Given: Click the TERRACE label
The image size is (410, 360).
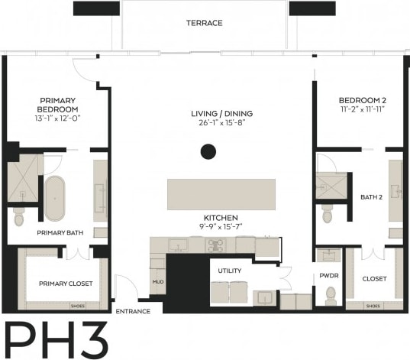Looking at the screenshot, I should [x=205, y=23].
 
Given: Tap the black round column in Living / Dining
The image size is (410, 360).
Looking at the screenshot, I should [x=208, y=151].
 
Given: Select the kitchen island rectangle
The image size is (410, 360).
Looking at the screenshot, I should [x=221, y=194].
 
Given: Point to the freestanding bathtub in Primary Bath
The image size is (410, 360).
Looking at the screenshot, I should [x=55, y=198].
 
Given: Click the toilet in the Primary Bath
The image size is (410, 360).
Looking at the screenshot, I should [x=19, y=215].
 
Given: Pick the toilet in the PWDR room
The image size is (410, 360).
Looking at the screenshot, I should [x=331, y=294].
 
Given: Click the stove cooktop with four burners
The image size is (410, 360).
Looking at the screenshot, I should [x=216, y=245].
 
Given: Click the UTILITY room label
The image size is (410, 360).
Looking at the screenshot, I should [x=229, y=271].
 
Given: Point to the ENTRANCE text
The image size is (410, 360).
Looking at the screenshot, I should [x=133, y=311].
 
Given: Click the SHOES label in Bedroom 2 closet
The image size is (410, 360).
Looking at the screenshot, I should [x=373, y=306].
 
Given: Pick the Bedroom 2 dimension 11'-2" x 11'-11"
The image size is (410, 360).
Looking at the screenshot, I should [x=363, y=110].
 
